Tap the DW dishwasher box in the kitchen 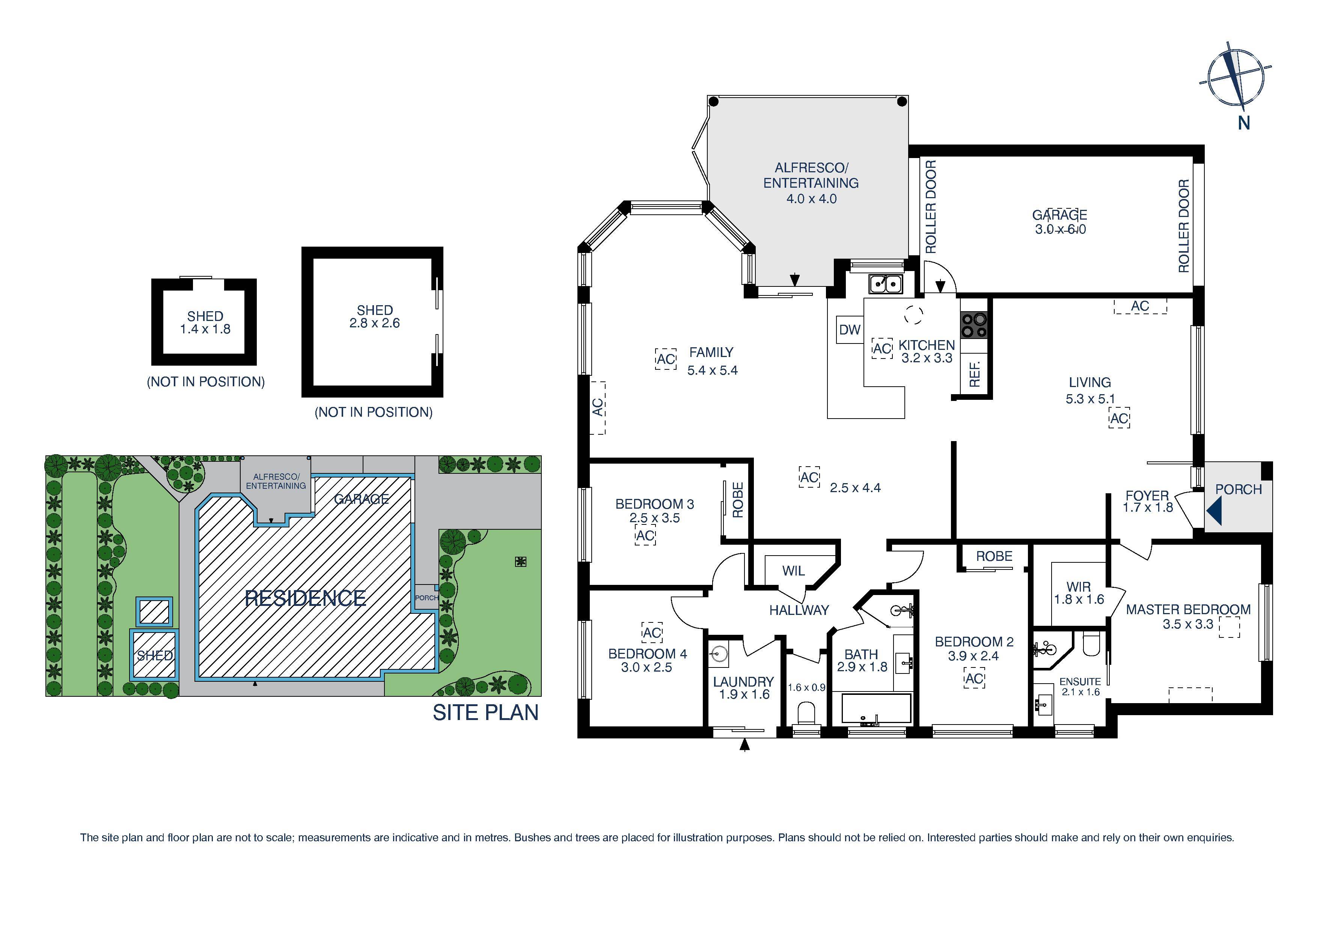850,329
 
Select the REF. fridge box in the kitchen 974,374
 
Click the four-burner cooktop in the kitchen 974,325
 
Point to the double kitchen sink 886,283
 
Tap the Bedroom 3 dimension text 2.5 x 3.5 654,518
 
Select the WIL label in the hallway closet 793,571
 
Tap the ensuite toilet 1090,644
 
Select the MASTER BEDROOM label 1188,609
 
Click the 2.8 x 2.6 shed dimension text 375,323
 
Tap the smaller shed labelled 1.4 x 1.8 204,322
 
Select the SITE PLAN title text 485,713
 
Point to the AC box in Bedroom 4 652,633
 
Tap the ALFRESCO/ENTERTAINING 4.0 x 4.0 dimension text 811,199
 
